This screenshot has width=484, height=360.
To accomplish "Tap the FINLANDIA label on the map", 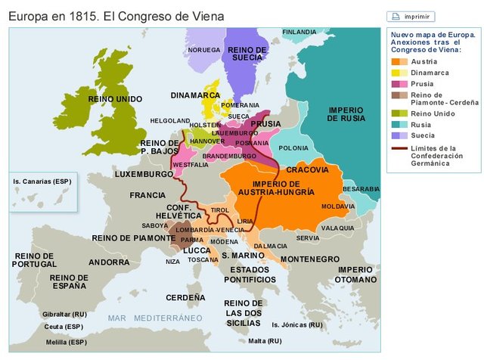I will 299,32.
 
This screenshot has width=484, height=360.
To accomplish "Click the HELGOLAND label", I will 170,120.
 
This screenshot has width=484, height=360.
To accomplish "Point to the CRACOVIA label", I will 308,169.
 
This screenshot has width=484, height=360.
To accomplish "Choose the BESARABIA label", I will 361,188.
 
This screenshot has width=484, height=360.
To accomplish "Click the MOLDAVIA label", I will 338,206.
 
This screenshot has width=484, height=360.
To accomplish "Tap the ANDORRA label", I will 109,262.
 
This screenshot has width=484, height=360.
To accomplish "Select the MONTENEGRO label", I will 309,259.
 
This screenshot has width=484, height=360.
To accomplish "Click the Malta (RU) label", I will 265,341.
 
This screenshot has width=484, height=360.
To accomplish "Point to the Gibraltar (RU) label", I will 65,313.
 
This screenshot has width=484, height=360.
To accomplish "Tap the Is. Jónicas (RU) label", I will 297,324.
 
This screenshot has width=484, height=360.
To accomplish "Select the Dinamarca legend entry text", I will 430,72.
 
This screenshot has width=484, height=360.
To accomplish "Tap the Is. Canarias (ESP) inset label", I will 40,182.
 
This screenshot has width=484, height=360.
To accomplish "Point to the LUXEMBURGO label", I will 144,174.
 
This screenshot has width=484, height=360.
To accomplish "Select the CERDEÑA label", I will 185,298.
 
